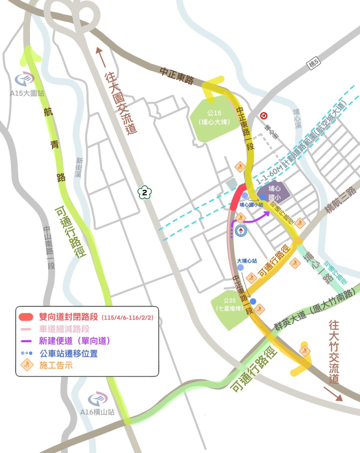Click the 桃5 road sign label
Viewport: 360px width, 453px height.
tap(314, 64)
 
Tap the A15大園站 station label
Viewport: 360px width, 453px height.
tap(27, 93)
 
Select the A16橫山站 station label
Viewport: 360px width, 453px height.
tap(97, 412)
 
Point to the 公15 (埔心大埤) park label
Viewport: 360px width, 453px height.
tap(214, 118)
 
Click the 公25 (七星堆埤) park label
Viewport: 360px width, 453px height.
tap(229, 304)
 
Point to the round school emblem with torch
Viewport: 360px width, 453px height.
tap(241, 231)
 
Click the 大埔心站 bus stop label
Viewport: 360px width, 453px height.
tap(247, 261)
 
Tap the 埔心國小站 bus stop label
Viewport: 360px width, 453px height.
tap(251, 205)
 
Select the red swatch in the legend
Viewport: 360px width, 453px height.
tap(26, 317)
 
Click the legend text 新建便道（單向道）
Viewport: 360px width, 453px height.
tap(74, 341)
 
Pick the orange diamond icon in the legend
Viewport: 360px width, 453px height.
tap(27, 365)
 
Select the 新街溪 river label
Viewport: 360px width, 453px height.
tap(79, 167)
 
